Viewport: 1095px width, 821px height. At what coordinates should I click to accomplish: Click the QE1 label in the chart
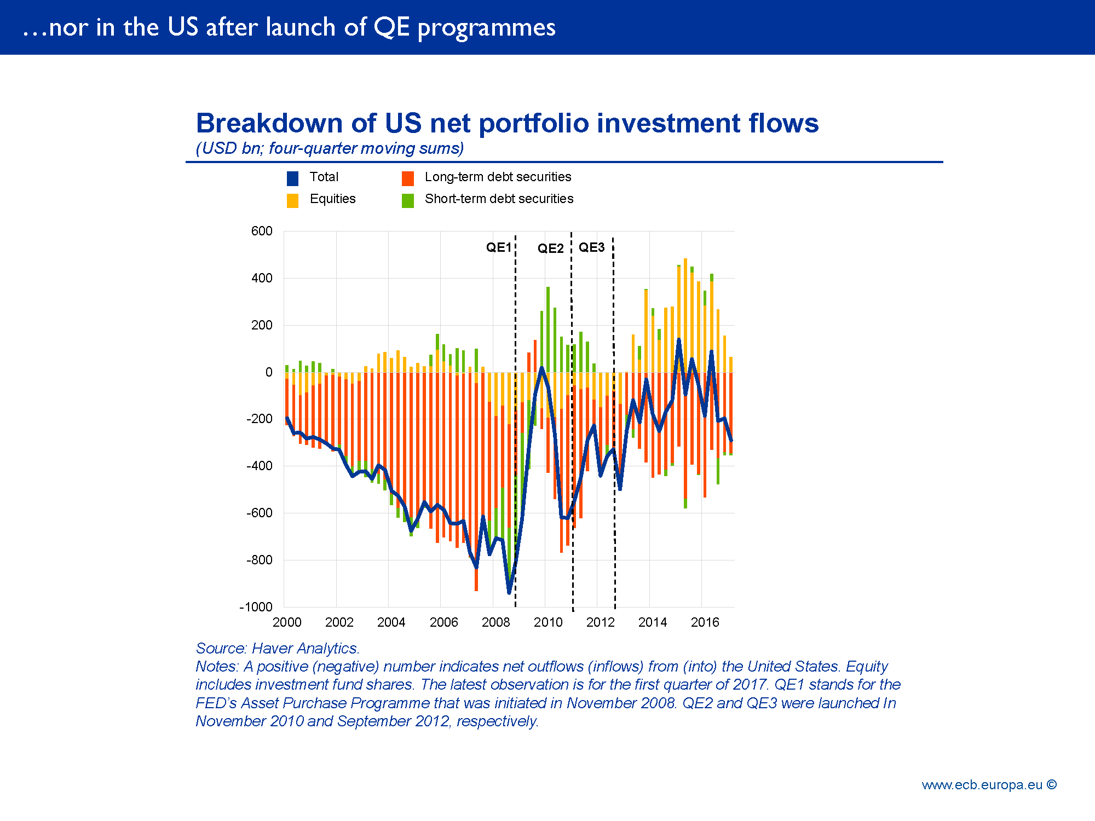click(498, 247)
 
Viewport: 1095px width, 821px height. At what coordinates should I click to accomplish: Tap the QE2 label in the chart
click(550, 248)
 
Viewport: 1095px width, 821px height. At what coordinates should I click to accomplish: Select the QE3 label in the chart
click(591, 247)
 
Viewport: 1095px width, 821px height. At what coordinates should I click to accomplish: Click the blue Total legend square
click(292, 178)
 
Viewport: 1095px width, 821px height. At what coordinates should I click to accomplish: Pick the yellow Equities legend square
click(292, 200)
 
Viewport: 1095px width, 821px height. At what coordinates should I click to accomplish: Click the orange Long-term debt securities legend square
click(407, 178)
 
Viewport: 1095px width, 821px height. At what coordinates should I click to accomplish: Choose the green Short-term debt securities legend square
click(407, 200)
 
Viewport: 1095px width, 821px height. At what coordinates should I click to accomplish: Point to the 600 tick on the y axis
click(262, 231)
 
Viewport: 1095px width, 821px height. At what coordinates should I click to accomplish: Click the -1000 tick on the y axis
click(256, 607)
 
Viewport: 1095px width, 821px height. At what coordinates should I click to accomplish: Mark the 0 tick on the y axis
click(268, 372)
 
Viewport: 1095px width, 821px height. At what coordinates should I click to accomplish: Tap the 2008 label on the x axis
click(495, 622)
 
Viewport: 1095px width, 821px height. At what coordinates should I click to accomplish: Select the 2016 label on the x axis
click(705, 622)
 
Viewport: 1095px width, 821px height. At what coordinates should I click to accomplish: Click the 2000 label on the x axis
click(287, 622)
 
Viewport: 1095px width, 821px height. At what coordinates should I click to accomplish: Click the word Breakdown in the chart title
click(269, 123)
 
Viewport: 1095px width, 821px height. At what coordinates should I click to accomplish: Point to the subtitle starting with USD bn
click(330, 148)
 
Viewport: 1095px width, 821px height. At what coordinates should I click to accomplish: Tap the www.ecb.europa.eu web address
click(982, 785)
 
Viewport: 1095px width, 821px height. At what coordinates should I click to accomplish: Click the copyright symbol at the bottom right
click(1051, 784)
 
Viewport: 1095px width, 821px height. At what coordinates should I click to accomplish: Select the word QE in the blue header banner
click(391, 27)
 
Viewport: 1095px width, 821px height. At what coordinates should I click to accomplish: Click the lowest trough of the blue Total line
click(509, 592)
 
